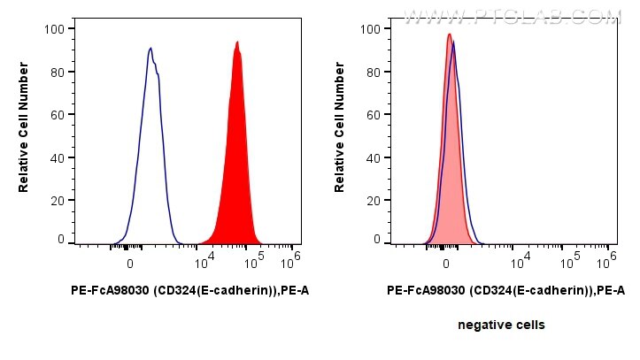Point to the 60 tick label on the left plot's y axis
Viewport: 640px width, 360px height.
57,115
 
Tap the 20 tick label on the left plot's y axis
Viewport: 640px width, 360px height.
57,201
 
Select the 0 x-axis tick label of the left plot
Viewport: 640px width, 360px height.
130,264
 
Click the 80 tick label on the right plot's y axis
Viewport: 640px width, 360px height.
374,72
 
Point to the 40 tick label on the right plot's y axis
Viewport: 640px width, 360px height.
374,158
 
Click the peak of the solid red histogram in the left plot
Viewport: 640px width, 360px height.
237,42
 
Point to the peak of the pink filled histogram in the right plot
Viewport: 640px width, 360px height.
449,34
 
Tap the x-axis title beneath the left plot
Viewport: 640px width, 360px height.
189,290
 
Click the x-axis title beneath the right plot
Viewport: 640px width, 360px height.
505,290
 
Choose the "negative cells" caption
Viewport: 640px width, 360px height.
501,325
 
